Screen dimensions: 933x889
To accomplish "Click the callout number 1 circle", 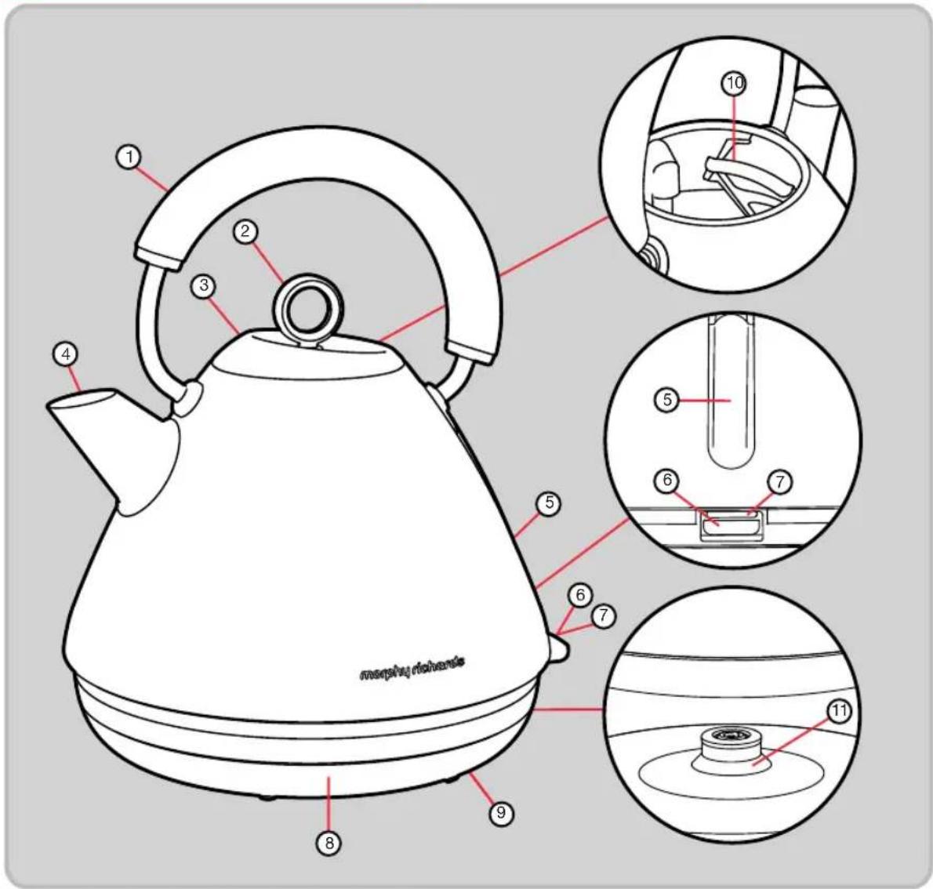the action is [x=129, y=158].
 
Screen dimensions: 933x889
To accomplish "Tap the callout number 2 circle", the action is [x=245, y=231].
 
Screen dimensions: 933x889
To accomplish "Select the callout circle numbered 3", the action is [x=204, y=286].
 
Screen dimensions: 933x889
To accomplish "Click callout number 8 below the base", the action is [x=329, y=843].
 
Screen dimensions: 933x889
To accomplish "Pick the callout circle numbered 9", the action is [x=501, y=812].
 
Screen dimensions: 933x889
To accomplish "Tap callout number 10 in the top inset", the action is [x=735, y=83].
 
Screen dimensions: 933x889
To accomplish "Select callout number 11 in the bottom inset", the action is [x=840, y=711].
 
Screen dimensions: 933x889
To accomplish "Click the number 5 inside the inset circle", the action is [x=667, y=400].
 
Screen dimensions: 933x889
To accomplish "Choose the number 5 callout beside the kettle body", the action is [x=549, y=503].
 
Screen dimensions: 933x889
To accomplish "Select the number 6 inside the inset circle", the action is [x=666, y=481].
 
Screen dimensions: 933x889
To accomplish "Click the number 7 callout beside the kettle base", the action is [x=604, y=615].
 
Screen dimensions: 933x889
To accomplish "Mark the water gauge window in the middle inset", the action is [x=731, y=393].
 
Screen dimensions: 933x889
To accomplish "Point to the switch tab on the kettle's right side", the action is [x=557, y=648].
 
